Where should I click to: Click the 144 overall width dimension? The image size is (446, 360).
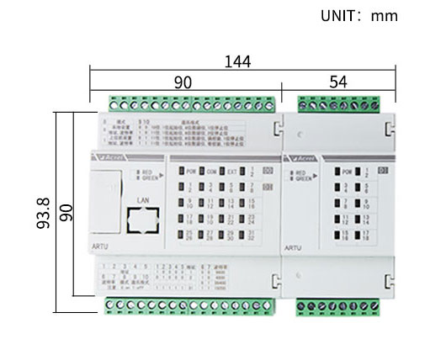pos(237,61)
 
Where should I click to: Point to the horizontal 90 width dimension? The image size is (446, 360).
pos(183,82)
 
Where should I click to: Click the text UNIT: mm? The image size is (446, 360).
pos(359,16)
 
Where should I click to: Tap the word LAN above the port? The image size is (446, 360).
pos(142,200)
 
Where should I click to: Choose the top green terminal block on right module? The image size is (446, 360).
pos(337,105)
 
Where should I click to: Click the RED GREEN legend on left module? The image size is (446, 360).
pos(148,174)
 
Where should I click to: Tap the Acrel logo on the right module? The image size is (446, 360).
pos(304,156)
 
